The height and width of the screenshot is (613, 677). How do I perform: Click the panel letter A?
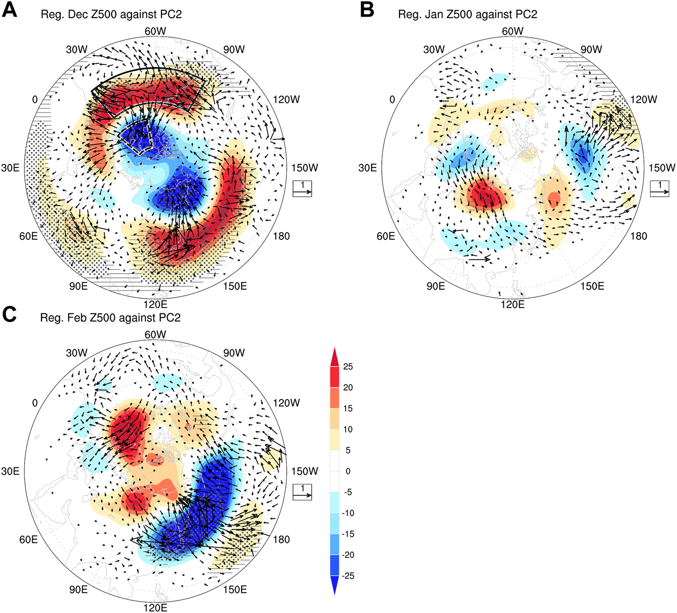pyautogui.click(x=10, y=10)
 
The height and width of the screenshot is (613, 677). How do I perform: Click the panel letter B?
pyautogui.click(x=367, y=10)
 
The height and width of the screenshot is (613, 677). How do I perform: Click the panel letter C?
pyautogui.click(x=10, y=314)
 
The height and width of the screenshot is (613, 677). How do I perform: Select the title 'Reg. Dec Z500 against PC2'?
pyautogui.click(x=111, y=15)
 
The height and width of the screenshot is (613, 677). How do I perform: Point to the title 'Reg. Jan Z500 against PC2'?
pyautogui.click(x=468, y=15)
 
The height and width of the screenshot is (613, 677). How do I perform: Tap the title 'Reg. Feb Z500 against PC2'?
pyautogui.click(x=111, y=317)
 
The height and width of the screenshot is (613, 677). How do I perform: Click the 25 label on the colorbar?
pyautogui.click(x=348, y=367)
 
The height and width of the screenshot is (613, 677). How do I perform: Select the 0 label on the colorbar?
pyautogui.click(x=348, y=471)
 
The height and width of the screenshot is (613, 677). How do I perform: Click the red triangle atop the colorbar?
pyautogui.click(x=335, y=356)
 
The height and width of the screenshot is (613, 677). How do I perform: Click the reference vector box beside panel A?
pyautogui.click(x=302, y=188)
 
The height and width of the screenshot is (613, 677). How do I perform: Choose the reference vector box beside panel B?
pyautogui.click(x=659, y=188)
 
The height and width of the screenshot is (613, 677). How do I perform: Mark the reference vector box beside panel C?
pyautogui.click(x=302, y=492)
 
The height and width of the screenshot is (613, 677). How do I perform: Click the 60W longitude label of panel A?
pyautogui.click(x=155, y=31)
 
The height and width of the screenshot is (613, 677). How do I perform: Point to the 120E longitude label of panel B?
pyautogui.click(x=512, y=304)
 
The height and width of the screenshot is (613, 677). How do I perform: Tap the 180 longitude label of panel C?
pyautogui.click(x=281, y=540)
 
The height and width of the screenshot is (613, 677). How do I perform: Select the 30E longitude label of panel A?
pyautogui.click(x=10, y=168)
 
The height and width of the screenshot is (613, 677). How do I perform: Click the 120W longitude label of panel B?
pyautogui.click(x=643, y=99)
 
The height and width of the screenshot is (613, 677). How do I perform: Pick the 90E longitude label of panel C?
pyautogui.click(x=78, y=590)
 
